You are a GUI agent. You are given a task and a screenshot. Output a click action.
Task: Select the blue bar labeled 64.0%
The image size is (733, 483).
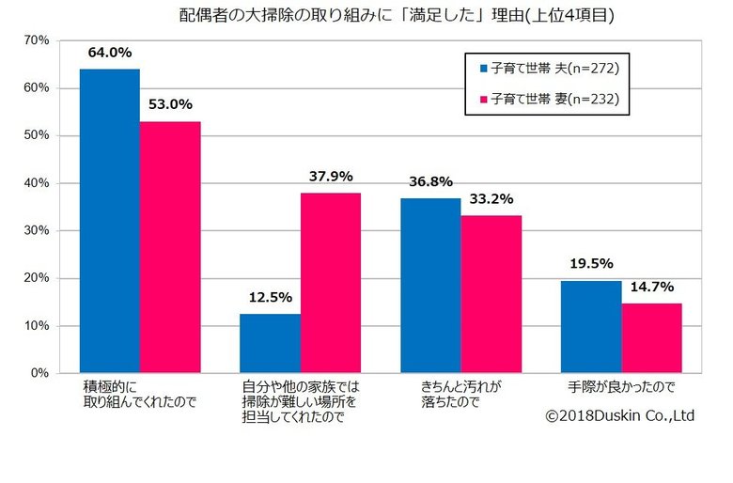tap(110, 221)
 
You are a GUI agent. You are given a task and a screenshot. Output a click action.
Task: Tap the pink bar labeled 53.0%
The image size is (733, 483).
tap(170, 247)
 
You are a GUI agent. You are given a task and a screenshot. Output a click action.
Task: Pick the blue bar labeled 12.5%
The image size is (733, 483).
tap(270, 343)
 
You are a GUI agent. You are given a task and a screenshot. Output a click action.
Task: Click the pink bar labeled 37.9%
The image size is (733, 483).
tap(331, 283)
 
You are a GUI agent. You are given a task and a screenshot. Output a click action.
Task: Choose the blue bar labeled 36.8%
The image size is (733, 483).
tap(430, 286)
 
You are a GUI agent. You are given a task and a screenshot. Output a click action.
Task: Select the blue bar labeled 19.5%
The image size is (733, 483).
tap(591, 326)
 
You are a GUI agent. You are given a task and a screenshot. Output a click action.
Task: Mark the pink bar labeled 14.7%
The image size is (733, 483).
tap(651, 337)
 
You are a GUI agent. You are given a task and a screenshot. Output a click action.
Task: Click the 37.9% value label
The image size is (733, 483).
tap(331, 176)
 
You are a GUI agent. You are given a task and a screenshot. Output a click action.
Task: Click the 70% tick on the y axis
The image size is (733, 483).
tap(37, 40)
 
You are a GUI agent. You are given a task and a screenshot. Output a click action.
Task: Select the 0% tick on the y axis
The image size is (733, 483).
tap(40, 373)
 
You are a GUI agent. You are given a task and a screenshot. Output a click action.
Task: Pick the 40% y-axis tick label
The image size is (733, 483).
tap(37, 183)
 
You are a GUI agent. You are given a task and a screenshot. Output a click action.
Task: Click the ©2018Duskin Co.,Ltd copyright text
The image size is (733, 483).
tap(620, 414)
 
